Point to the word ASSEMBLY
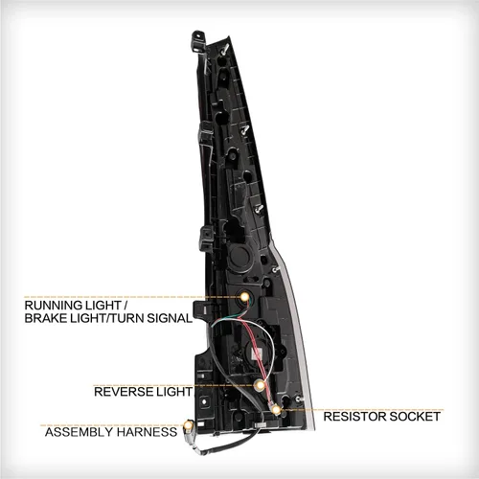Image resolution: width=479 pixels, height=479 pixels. (80, 432)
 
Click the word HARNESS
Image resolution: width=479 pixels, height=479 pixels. (147, 432)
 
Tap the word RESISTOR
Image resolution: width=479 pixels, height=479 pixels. (354, 417)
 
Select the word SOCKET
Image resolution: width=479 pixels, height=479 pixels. (415, 417)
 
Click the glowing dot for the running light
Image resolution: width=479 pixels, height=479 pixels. (244, 297)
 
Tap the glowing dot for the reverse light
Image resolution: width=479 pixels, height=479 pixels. (261, 385)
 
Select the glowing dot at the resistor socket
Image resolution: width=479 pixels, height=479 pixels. (276, 409)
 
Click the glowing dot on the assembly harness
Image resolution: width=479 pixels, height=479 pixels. (189, 425)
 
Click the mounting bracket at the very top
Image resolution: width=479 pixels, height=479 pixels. (198, 40)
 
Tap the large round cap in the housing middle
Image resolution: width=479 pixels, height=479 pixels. (239, 256)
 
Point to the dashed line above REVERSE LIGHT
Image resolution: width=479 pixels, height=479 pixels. (174, 385)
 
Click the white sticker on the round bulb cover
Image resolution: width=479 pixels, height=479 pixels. (257, 354)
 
